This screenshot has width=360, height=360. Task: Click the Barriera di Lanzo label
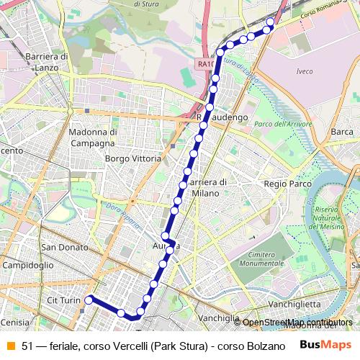(46, 61)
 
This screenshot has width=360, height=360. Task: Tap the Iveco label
(305, 71)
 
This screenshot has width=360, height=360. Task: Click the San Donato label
(64, 247)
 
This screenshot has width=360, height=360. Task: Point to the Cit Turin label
(62, 300)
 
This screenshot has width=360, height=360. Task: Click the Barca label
(341, 132)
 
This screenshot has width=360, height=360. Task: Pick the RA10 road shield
(205, 64)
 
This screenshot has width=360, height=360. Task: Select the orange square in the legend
(10, 346)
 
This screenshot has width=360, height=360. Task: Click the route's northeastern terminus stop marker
(270, 22)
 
